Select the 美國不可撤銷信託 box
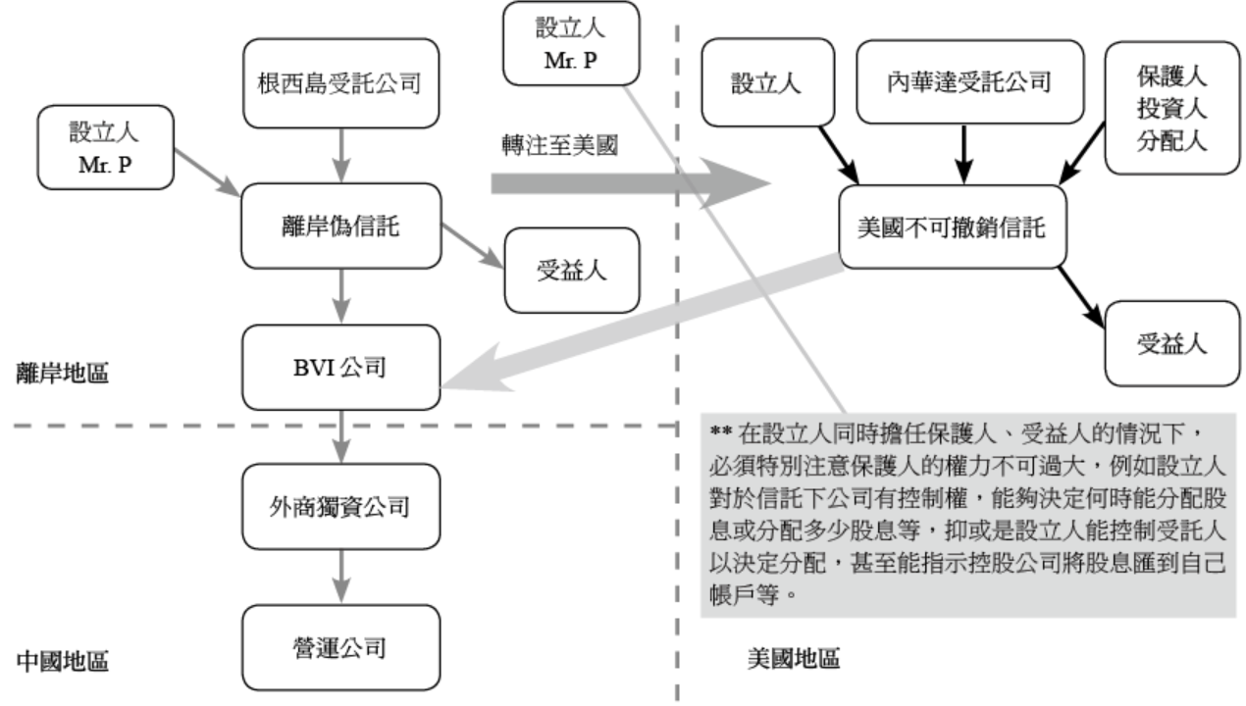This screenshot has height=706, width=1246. click(x=949, y=228)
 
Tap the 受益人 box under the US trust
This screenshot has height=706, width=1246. click(x=1170, y=344)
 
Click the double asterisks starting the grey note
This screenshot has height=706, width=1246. click(x=720, y=430)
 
